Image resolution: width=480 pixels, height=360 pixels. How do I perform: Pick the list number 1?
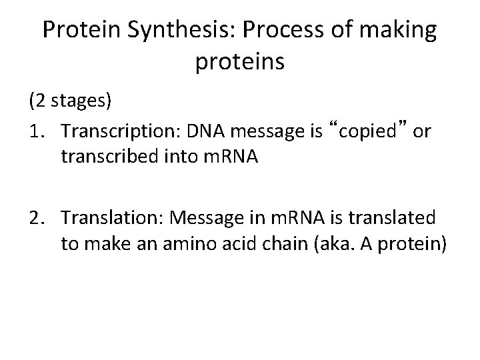pos(35,132)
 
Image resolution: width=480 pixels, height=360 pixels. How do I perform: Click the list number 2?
pos(35,219)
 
